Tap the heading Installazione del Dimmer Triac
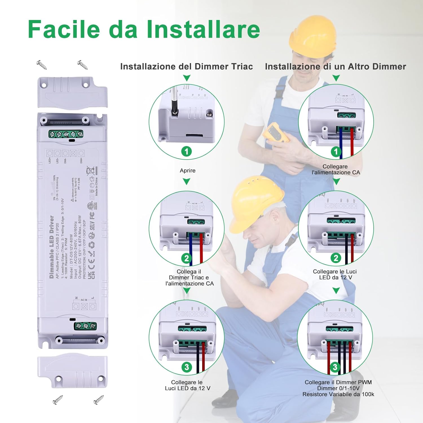pos(186,67)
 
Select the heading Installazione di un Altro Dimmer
pos(335,67)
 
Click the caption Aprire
pos(188,171)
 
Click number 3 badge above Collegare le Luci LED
pos(187,367)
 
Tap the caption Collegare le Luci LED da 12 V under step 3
pos(188,385)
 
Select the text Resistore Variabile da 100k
pos(338,394)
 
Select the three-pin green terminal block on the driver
pos(85,326)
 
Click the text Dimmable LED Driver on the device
pos(52,247)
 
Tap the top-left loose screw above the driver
pos(41,65)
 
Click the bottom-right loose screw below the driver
pos(98,400)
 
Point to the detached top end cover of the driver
pos(72,92)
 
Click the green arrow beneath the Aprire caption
pos(186,182)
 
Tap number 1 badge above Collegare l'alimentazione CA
pos(336,152)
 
